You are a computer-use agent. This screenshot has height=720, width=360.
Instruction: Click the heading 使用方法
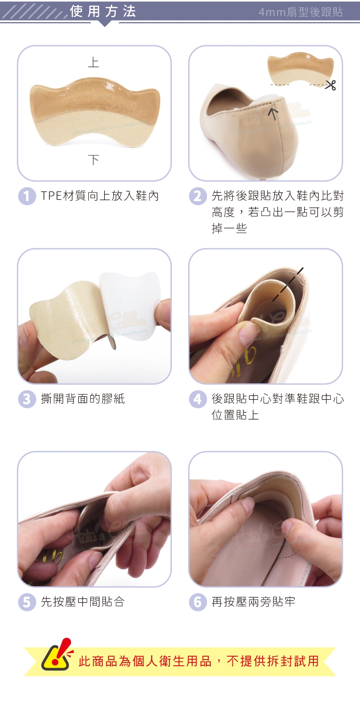coord(103,12)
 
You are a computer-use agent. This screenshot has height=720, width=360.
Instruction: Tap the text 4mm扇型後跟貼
coord(300,12)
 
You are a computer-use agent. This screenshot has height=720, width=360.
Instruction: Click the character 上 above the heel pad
coord(94,62)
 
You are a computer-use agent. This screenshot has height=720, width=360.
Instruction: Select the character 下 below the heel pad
coord(94,160)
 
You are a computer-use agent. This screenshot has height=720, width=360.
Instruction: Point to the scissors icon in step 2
coord(331,85)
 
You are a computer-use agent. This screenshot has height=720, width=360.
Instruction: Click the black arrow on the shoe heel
coord(274,113)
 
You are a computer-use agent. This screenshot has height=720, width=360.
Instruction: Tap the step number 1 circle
coord(27,196)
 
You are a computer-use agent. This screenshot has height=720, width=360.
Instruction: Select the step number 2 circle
coord(198,196)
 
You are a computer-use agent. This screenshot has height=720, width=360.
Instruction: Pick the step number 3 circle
coord(27,399)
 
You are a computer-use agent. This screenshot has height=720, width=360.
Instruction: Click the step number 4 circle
coord(198,399)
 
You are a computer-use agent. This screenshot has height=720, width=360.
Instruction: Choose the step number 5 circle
coord(27,602)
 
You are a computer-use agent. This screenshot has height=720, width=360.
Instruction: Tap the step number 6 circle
coord(198,602)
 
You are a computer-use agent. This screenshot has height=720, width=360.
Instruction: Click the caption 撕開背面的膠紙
coord(83,399)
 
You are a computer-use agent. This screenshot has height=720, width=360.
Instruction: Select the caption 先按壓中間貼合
coord(83,602)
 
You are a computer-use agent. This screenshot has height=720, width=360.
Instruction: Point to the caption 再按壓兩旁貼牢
coord(253,602)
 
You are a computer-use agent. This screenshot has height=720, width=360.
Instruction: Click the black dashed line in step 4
coord(288,285)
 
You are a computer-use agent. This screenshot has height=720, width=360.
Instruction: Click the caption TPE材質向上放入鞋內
coord(100,196)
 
